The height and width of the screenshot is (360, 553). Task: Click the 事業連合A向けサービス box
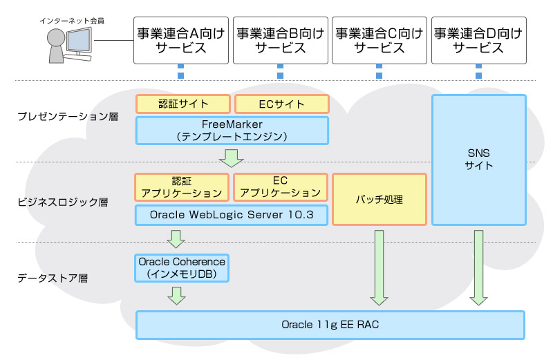tap(180, 40)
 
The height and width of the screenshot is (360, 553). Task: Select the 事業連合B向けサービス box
tap(280, 40)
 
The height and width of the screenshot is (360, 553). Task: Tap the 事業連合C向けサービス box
tap(379, 40)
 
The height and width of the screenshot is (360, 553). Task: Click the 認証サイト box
tap(182, 104)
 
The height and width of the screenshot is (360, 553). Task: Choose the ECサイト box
tap(281, 104)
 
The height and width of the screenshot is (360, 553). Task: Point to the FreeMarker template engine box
tap(232, 131)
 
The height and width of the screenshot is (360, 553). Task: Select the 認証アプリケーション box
tap(182, 187)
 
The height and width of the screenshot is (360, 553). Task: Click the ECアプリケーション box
tap(280, 187)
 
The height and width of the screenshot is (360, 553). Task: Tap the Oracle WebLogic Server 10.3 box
tap(232, 215)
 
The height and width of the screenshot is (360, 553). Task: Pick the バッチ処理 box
tap(379, 200)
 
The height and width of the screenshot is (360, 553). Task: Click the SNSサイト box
tap(478, 160)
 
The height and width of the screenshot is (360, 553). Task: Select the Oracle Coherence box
tap(182, 268)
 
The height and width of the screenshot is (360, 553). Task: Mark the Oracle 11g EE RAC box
tap(330, 325)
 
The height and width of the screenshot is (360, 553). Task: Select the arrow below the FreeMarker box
tap(231, 158)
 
